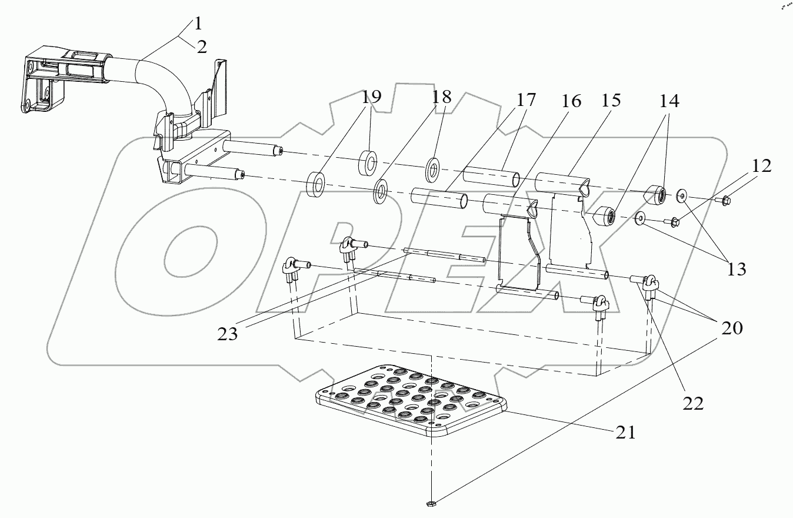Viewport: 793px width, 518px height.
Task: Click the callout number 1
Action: (x=198, y=24)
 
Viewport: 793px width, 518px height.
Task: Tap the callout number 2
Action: (x=202, y=47)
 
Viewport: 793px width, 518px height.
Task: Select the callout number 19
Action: (x=371, y=97)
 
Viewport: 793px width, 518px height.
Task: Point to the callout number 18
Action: (x=441, y=97)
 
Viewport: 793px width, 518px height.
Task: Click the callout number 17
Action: (x=526, y=100)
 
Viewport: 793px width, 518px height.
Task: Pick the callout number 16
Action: (x=571, y=101)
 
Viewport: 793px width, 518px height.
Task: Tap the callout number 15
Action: (x=611, y=101)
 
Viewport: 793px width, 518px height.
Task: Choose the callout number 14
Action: (x=669, y=101)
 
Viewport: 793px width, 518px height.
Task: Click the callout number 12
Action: (x=761, y=166)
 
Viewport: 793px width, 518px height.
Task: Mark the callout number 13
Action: (x=737, y=269)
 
